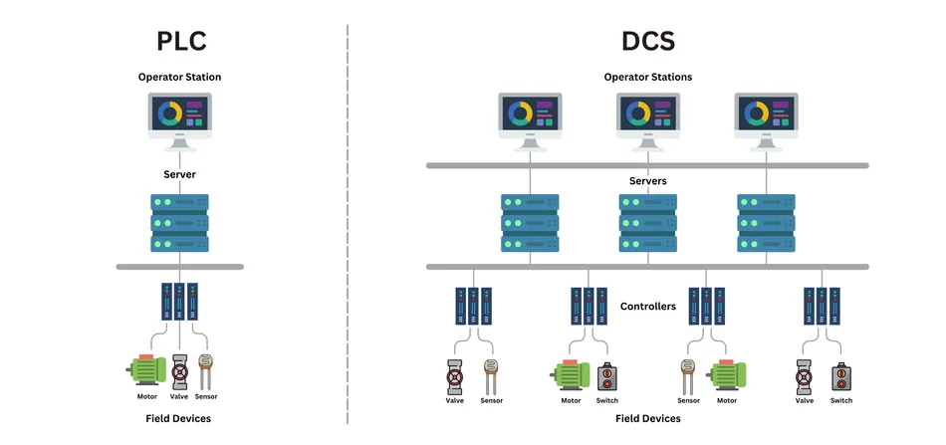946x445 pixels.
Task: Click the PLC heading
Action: click(180, 41)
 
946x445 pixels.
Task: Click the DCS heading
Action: click(647, 41)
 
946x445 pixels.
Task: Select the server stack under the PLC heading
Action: click(179, 222)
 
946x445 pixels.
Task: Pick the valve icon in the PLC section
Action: click(180, 371)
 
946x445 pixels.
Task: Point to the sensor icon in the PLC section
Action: click(206, 370)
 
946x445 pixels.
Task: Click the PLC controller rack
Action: click(179, 301)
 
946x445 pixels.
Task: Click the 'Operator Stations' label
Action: click(647, 77)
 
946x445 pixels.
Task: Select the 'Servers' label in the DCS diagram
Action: click(647, 181)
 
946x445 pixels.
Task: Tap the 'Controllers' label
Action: click(647, 307)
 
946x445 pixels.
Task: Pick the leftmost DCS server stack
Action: click(530, 222)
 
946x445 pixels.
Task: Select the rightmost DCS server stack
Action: click(766, 222)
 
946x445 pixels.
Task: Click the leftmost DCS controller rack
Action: click(473, 306)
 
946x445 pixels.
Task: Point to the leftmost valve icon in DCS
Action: click(456, 376)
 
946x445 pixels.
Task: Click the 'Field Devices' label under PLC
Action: click(179, 419)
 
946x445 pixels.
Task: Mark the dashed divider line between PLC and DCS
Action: click(348, 219)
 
